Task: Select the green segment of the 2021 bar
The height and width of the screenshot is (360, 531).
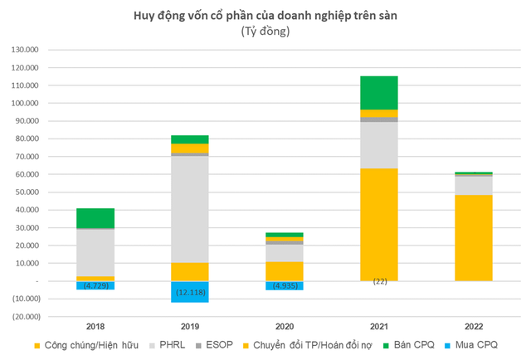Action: [379, 92]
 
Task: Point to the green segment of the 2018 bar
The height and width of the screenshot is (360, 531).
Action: [96, 218]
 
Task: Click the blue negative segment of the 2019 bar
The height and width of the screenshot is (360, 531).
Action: [191, 292]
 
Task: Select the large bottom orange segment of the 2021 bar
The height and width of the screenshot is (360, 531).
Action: [379, 224]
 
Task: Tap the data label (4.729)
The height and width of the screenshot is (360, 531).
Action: [96, 286]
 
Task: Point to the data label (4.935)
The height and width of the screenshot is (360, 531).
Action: [285, 286]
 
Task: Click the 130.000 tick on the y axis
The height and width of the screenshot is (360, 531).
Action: [46, 50]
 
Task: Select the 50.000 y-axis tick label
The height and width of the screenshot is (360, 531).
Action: [47, 192]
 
